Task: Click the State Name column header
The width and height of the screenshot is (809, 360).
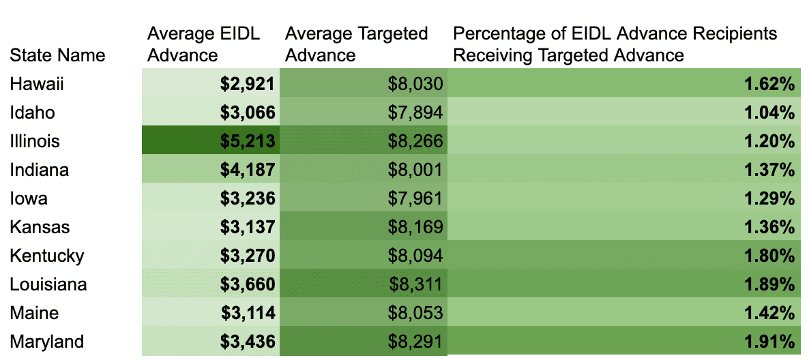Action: coord(57,55)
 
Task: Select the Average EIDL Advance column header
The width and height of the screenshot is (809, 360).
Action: coord(204,44)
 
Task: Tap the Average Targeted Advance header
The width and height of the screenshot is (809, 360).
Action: coord(357,44)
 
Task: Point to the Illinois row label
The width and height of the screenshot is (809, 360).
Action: coord(35,141)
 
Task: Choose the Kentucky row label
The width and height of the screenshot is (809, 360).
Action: coord(47,256)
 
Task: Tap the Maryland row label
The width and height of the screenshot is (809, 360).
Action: coord(46,342)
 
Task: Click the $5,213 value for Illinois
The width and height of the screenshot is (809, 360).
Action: coord(247,141)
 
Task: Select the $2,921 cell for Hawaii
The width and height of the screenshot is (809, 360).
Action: coord(247,84)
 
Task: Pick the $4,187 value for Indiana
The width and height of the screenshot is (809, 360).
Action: coord(247,170)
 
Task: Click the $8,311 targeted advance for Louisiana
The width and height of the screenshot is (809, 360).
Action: coord(415,284)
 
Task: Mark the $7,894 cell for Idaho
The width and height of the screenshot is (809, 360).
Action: coord(415,112)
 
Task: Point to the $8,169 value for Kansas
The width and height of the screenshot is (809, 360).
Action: coord(415,227)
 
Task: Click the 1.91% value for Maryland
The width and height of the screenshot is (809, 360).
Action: coord(769,342)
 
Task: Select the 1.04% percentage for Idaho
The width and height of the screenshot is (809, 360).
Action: coord(769,112)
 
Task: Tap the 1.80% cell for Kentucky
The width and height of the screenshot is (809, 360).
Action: coord(769,256)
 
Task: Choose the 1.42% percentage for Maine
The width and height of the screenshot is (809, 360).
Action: coord(769,313)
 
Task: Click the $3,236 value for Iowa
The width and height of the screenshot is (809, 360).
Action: coord(247,198)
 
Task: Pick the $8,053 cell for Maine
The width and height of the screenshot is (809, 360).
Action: coord(415,313)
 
